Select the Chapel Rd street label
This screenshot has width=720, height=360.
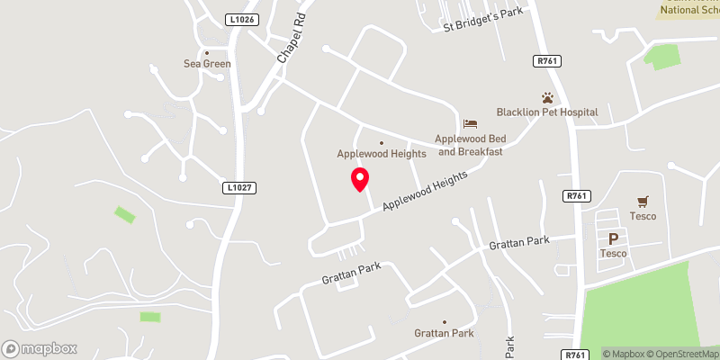point(292,39)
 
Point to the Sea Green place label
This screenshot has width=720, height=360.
point(207,64)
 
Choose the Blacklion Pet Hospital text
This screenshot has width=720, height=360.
point(547,112)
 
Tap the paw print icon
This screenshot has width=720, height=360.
point(547,97)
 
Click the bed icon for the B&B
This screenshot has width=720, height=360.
point(470,123)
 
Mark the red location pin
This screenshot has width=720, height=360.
point(360,179)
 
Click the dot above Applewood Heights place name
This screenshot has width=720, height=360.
point(381,142)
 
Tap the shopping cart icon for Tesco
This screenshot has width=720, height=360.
point(643,202)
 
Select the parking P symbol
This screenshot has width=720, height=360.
point(614,239)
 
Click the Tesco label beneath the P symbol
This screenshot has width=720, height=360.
point(614,254)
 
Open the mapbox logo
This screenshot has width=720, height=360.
point(40,348)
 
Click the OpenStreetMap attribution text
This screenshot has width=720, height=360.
point(683,354)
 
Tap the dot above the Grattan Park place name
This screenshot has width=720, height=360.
point(444,321)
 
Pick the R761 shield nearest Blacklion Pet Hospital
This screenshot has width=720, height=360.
point(546,62)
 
